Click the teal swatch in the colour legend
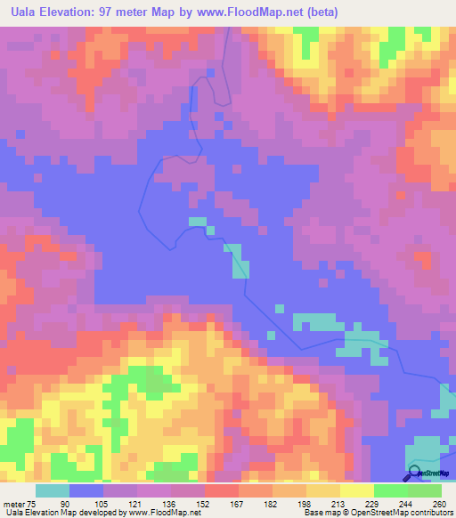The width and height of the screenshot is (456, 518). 53,490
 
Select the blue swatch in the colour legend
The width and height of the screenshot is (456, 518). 86,490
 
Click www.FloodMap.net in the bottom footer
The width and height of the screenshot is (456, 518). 163,512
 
